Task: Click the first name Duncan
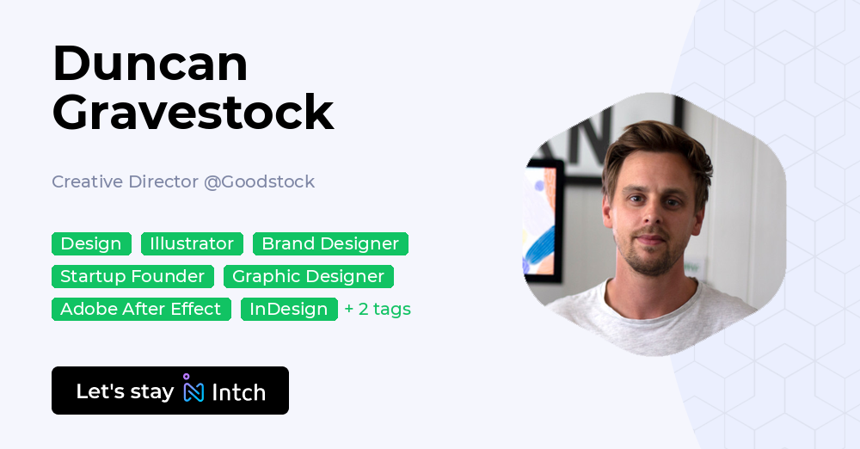coord(150,64)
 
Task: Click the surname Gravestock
coord(193,112)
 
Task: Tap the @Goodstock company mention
coord(259,181)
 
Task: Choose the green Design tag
coord(91,244)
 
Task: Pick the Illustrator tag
coord(192,244)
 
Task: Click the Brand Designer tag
coord(330,244)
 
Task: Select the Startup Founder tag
coord(132,277)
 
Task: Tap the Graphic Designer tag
coord(308,277)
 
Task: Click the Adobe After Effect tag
coord(141,310)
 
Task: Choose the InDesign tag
coord(289,310)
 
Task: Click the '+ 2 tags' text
coord(378,310)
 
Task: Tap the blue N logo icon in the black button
coord(193,391)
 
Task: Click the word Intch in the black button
coord(238,392)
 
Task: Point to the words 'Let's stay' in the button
coord(125,391)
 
